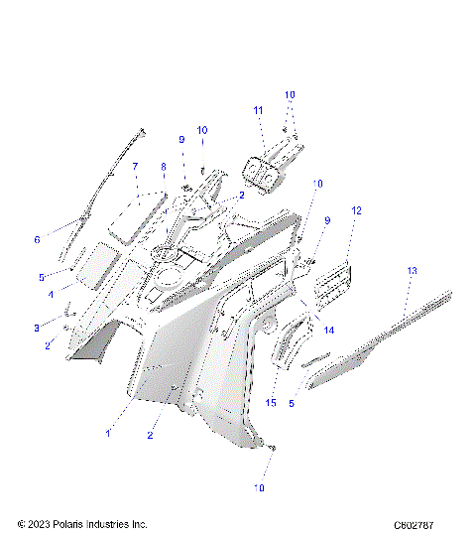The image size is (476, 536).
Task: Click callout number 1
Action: coord(108,433)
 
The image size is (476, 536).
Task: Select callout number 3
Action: coord(37,327)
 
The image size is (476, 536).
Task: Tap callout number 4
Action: coord(51,294)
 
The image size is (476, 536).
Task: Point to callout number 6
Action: coord(37,239)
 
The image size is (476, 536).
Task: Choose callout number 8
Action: coord(162,167)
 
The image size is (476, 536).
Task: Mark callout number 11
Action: coord(257,109)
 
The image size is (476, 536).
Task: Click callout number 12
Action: coord(356,210)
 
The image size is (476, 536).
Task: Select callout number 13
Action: coord(412,270)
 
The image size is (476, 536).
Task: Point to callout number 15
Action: coord(271,401)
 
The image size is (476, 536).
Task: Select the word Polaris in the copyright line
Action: coord(71,524)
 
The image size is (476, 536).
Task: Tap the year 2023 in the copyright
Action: coord(36,524)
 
